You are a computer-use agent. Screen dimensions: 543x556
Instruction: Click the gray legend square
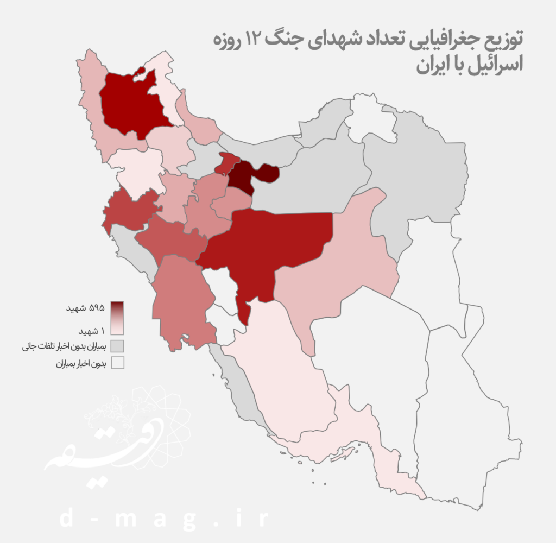[117, 346]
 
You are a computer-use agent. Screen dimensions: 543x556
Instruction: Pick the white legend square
[117, 364]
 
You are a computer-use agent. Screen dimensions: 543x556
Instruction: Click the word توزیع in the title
[503, 39]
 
